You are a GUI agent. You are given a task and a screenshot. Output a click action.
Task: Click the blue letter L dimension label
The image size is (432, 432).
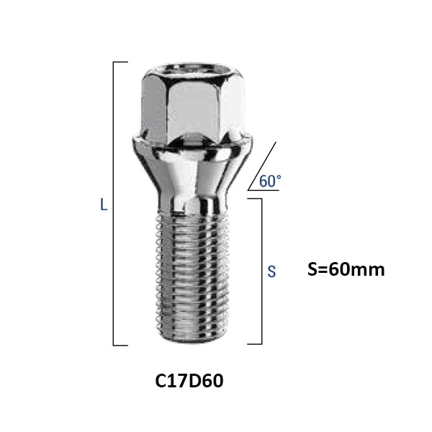point(104,205)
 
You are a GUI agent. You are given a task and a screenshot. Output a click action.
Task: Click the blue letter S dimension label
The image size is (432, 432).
point(271,271)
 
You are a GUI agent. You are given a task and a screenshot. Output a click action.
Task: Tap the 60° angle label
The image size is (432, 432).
point(270,181)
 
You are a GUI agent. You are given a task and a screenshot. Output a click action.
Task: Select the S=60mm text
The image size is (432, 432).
point(346,269)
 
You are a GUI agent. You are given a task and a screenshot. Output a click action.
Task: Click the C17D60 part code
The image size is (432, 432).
point(189,381)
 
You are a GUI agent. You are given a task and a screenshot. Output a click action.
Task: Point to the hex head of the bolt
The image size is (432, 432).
point(193,102)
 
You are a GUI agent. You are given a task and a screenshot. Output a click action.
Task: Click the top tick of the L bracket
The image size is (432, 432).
point(120,62)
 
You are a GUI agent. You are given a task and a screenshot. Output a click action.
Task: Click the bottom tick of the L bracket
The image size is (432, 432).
point(120,345)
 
